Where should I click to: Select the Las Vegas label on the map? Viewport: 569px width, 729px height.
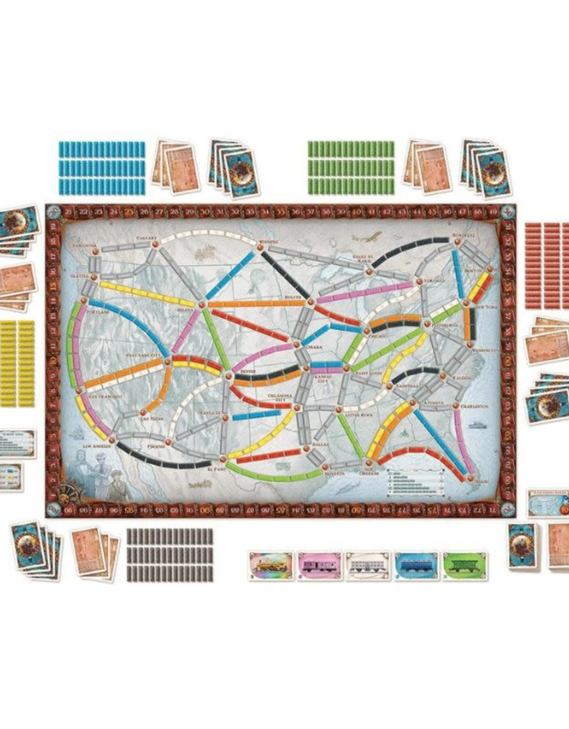[152, 418]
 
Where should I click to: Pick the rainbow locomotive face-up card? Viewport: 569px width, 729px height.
[271, 566]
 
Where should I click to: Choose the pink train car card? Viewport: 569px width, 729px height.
[319, 566]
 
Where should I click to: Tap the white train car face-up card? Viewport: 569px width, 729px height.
[368, 566]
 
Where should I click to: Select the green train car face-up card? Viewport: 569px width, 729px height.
[465, 566]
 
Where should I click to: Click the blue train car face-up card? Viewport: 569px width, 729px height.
[416, 566]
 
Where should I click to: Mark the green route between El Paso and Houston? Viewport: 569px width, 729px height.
[273, 476]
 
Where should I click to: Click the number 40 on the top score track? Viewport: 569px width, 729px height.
[356, 212]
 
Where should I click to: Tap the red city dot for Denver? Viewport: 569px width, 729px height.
[228, 376]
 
